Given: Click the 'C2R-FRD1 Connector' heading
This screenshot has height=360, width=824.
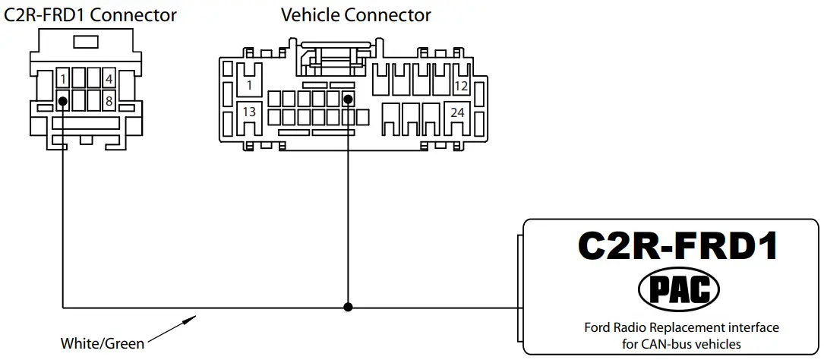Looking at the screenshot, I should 91,14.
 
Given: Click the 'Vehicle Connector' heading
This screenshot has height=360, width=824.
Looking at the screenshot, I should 355,14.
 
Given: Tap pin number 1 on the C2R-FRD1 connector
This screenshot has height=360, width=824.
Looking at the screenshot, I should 64,79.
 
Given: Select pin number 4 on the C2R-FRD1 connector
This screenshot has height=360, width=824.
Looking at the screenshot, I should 109,79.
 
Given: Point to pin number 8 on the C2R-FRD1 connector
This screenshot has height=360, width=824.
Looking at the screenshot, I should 109,100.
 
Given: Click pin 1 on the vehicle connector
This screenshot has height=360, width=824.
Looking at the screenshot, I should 248,87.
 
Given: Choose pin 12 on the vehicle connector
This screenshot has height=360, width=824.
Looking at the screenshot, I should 460,87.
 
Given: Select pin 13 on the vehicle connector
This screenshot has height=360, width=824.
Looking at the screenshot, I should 248,112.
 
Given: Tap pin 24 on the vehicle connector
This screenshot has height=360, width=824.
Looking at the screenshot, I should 457,112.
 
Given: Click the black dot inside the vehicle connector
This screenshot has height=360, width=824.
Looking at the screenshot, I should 348,99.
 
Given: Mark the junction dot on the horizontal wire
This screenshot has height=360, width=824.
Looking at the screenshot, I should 348,308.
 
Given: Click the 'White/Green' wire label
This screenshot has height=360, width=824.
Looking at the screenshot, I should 102,344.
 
